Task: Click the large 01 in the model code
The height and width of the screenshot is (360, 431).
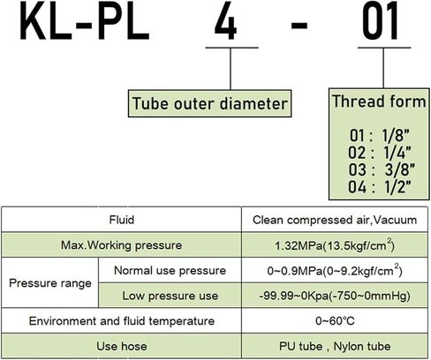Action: pyautogui.click(x=381, y=21)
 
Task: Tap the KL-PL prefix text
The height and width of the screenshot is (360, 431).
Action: pyautogui.click(x=85, y=21)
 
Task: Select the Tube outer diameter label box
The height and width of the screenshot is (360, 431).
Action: pyautogui.click(x=209, y=103)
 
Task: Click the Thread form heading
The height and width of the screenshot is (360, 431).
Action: pyautogui.click(x=379, y=101)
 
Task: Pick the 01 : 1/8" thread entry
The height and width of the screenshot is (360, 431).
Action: pyautogui.click(x=380, y=135)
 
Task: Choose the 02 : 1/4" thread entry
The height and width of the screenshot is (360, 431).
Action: pyautogui.click(x=380, y=153)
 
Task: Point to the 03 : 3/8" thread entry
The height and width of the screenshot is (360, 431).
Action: pyautogui.click(x=382, y=169)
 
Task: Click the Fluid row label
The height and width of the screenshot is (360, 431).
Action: pyautogui.click(x=122, y=220)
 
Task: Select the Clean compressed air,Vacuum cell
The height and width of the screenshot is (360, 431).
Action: pyautogui.click(x=335, y=220)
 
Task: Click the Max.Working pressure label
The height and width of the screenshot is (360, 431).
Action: pyautogui.click(x=121, y=245)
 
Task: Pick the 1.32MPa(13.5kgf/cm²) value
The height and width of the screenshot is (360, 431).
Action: pyautogui.click(x=335, y=245)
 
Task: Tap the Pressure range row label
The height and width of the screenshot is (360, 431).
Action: pyautogui.click(x=50, y=283)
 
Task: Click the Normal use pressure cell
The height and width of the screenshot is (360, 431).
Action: pyautogui.click(x=170, y=271)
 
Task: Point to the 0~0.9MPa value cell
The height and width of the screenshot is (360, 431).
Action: pyautogui.click(x=335, y=270)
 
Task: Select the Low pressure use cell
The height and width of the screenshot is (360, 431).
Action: pyautogui.click(x=170, y=296)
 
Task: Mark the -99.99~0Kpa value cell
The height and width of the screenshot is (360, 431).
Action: pyautogui.click(x=335, y=296)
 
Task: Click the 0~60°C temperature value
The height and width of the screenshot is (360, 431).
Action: pyautogui.click(x=335, y=321)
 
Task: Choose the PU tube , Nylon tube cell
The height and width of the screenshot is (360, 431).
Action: pyautogui.click(x=335, y=346)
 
